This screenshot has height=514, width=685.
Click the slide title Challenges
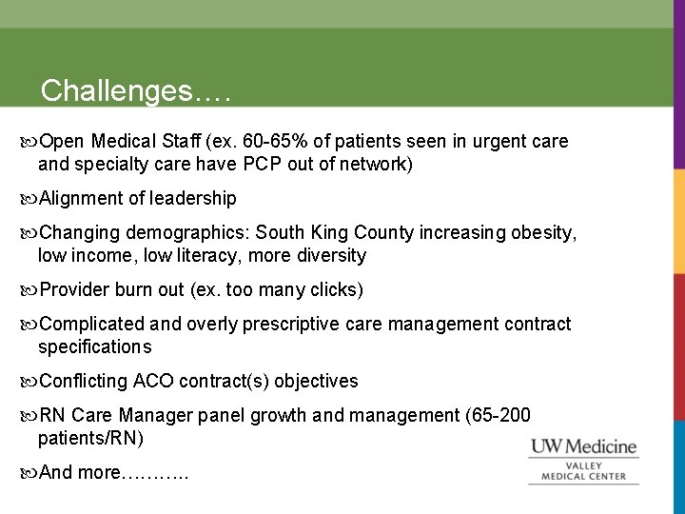click(136, 90)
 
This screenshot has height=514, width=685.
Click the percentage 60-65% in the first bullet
click(276, 142)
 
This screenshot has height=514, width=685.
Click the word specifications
click(94, 347)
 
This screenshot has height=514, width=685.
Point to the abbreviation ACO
click(152, 382)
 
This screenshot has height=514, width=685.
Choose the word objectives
click(316, 382)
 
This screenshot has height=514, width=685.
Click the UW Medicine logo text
click(583, 446)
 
